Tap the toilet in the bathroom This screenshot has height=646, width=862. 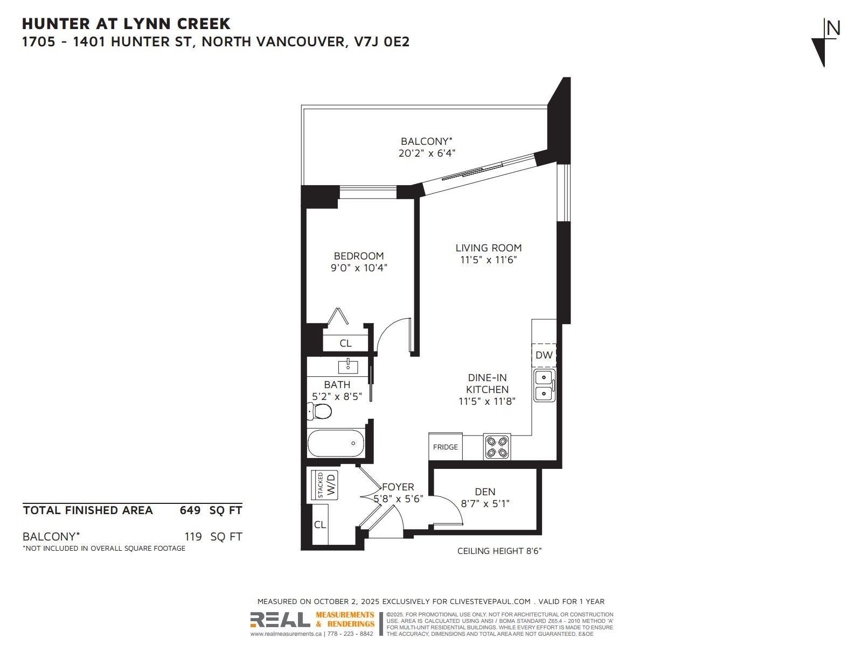[319, 411]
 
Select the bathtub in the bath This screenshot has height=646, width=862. [336, 443]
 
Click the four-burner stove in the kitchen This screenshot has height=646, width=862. [497, 447]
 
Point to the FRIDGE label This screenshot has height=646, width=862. [446, 447]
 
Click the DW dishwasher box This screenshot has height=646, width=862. [544, 355]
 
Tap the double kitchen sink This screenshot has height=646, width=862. [544, 385]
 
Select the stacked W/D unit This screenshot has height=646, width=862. [324, 486]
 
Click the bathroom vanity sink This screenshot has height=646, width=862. [348, 367]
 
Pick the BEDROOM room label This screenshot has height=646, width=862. [359, 256]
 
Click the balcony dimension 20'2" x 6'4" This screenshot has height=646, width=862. [427, 153]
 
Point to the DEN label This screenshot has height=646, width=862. [485, 492]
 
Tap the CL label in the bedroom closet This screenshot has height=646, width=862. [345, 343]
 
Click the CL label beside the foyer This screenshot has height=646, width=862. [319, 525]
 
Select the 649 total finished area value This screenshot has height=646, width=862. [190, 510]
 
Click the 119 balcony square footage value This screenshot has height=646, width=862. [193, 537]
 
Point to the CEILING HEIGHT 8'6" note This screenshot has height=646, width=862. [499, 551]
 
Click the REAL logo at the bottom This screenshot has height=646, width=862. [280, 620]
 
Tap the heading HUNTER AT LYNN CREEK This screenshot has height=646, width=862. [126, 24]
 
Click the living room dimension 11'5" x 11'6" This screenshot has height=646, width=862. [489, 260]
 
